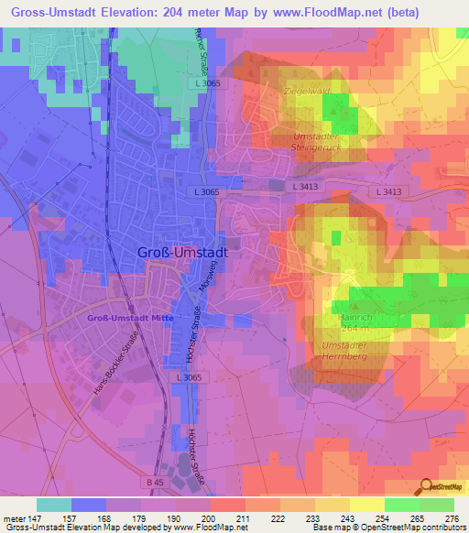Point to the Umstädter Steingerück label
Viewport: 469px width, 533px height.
tap(317, 143)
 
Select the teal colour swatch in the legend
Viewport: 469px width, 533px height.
tap(53, 505)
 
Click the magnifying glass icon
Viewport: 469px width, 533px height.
tap(426, 488)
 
